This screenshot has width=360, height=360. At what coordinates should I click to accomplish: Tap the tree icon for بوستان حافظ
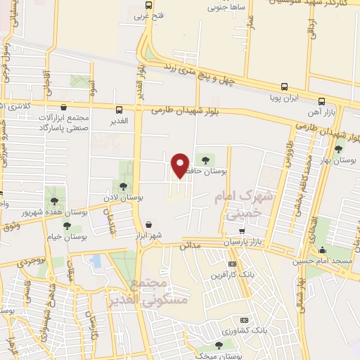click(206, 159)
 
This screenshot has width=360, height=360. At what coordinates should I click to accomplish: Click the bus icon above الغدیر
click(119, 110)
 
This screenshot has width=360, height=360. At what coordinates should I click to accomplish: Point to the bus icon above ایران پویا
click(284, 87)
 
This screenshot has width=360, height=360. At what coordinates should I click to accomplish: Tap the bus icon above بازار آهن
click(321, 101)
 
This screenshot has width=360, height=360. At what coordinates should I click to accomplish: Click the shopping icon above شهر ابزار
click(149, 224)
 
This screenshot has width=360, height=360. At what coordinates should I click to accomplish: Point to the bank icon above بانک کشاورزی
click(243, 319)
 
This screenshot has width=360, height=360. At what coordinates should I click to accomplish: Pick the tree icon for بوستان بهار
click(339, 149)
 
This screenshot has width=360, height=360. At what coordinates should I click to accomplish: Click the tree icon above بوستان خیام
click(67, 226)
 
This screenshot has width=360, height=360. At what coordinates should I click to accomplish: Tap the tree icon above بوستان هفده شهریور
click(53, 200)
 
